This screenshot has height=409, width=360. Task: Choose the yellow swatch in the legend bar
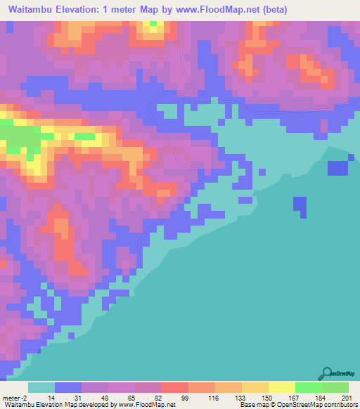click(281, 387)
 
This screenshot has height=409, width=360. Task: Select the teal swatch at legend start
click(41, 387)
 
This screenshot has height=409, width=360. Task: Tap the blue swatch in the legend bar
click(68, 387)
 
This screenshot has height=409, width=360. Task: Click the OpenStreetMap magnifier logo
click(326, 372)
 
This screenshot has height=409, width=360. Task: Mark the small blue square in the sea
click(300, 206)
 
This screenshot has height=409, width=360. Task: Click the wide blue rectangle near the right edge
click(338, 168)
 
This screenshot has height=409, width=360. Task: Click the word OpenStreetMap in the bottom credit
click(304, 405)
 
